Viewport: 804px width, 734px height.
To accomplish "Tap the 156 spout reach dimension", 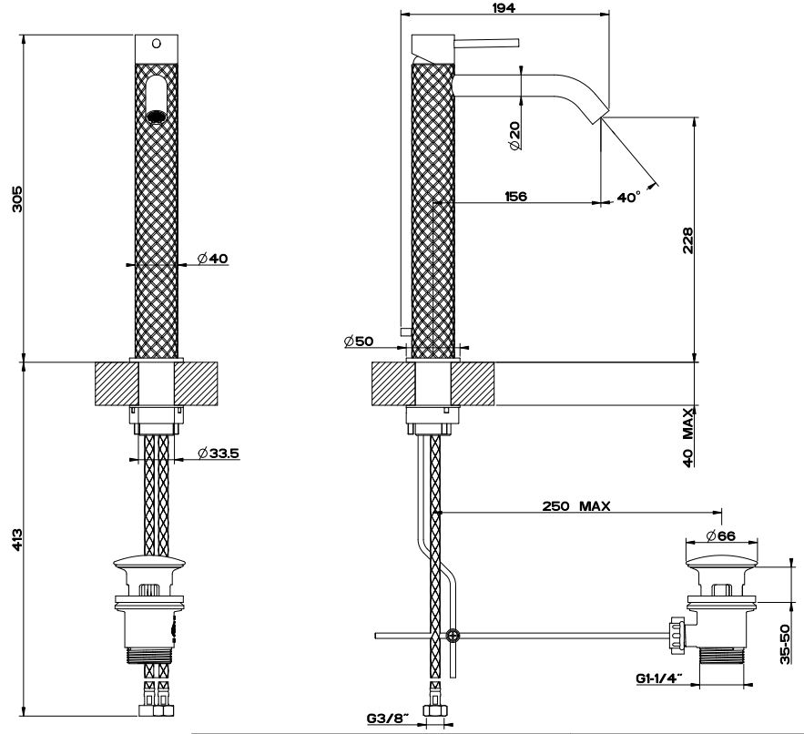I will pyautogui.click(x=515, y=196).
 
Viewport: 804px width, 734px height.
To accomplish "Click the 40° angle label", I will pyautogui.click(x=628, y=196).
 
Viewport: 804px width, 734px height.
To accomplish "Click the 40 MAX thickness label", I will pyautogui.click(x=688, y=438).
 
